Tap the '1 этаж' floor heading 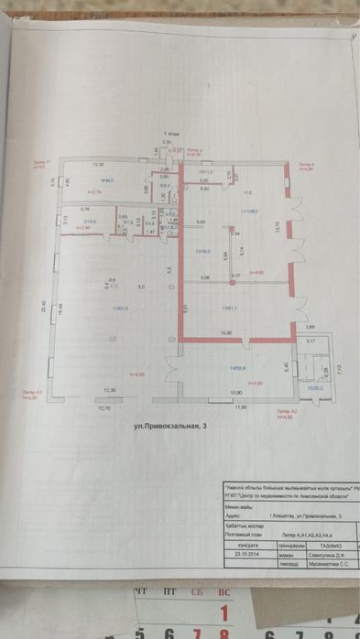171,134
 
